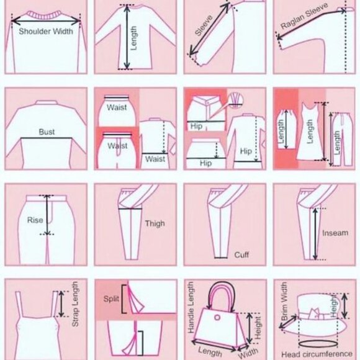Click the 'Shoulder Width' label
coord(46,31)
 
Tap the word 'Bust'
coord(47,132)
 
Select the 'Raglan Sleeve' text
coord(304,16)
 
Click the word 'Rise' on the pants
coord(35,220)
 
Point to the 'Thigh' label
coord(155,223)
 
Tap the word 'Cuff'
coord(241,255)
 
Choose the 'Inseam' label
coord(335,233)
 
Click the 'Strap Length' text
coord(75,304)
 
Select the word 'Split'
coord(111,299)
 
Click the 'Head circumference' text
coord(317,354)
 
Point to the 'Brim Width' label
coord(284,301)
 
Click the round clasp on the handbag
coord(217,318)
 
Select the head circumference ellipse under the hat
coord(318,344)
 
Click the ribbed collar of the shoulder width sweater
coord(45,16)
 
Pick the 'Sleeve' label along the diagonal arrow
coord(204,25)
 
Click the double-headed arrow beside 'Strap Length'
coord(61,304)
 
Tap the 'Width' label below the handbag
coord(248,353)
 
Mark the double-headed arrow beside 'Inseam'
coord(315,234)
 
